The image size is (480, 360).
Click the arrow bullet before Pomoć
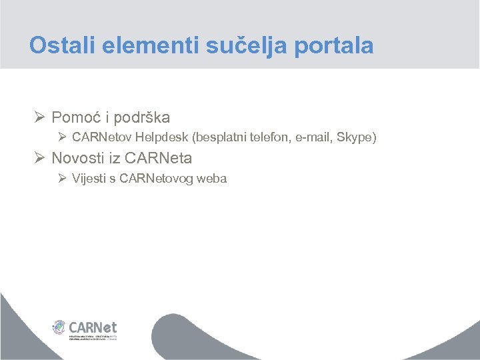39,117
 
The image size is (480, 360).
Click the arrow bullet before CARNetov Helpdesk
62,138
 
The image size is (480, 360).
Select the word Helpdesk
160,138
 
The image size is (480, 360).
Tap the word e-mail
313,138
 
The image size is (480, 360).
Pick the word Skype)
357,138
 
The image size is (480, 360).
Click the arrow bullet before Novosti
39,158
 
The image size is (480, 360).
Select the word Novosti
77,159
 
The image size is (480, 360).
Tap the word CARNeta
158,159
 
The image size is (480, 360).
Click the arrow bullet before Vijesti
62,178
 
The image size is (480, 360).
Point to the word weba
213,179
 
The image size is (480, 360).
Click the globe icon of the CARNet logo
60,327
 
